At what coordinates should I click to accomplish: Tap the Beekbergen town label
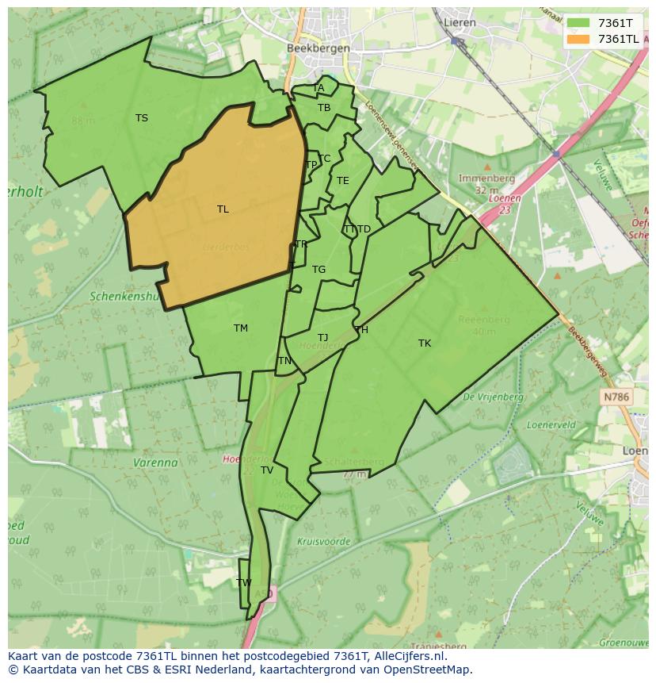pyautogui.click(x=317, y=48)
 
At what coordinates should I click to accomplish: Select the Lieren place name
pyautogui.click(x=460, y=22)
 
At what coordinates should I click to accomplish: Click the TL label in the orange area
pyautogui.click(x=223, y=209)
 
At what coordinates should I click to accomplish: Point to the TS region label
pyautogui.click(x=141, y=118)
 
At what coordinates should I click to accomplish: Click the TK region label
pyautogui.click(x=425, y=343)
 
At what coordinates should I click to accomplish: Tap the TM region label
pyautogui.click(x=241, y=328)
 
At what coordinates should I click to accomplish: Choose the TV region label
pyautogui.click(x=267, y=470)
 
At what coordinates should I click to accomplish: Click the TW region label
pyautogui.click(x=244, y=582)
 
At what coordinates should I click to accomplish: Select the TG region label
pyautogui.click(x=318, y=270)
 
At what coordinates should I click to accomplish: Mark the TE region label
pyautogui.click(x=342, y=181)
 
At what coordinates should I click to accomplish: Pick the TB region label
pyautogui.click(x=324, y=108)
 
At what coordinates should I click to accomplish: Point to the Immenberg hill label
pyautogui.click(x=486, y=179)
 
